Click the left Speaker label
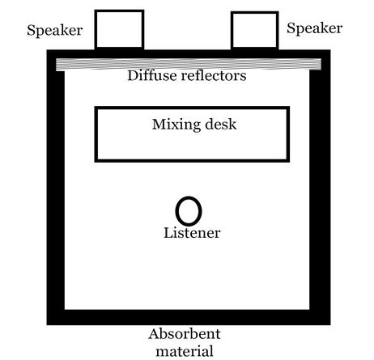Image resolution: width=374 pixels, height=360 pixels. click(x=54, y=31)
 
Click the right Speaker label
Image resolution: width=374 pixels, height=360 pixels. click(x=314, y=28)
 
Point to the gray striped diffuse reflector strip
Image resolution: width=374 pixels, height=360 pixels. click(x=189, y=65)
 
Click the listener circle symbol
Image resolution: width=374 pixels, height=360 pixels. click(x=176, y=211)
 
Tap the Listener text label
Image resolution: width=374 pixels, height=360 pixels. click(x=192, y=233)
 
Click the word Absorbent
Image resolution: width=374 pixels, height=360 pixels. click(x=185, y=334)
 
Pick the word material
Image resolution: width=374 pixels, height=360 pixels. click(x=185, y=351)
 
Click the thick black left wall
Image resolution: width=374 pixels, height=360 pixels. click(x=56, y=188)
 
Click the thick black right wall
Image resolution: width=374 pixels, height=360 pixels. click(x=320, y=188)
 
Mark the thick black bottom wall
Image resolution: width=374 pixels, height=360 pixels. click(x=189, y=317)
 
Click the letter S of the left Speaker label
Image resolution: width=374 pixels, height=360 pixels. click(x=31, y=30)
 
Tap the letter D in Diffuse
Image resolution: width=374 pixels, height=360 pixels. click(x=133, y=75)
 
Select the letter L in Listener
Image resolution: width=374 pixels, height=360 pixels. click(x=168, y=233)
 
